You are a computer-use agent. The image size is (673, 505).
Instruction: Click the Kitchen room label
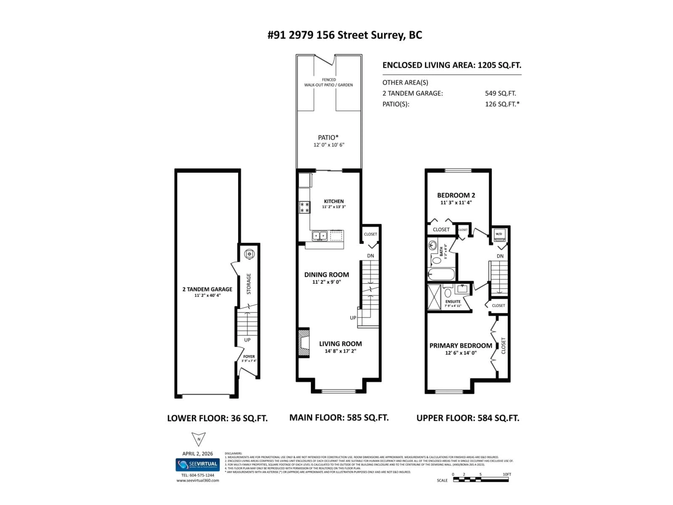pyautogui.click(x=334, y=201)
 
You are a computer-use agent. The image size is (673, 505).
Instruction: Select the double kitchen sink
pyautogui.click(x=319, y=235)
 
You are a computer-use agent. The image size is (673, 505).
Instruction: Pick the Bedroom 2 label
pyautogui.click(x=456, y=195)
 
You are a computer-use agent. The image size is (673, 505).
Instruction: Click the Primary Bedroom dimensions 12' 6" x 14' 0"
pyautogui.click(x=460, y=353)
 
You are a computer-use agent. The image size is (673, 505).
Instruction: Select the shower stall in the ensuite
pyautogui.click(x=434, y=297)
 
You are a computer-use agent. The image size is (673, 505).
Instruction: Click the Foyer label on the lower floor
pyautogui.click(x=249, y=356)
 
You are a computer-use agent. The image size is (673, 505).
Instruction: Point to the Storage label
pyautogui.click(x=249, y=284)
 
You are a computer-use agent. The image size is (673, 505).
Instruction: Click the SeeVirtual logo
pyautogui.click(x=198, y=464)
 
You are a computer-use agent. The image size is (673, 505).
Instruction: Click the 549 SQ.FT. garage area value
pyautogui.click(x=500, y=93)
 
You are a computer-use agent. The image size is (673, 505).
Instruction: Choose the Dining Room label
pyautogui.click(x=327, y=275)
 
